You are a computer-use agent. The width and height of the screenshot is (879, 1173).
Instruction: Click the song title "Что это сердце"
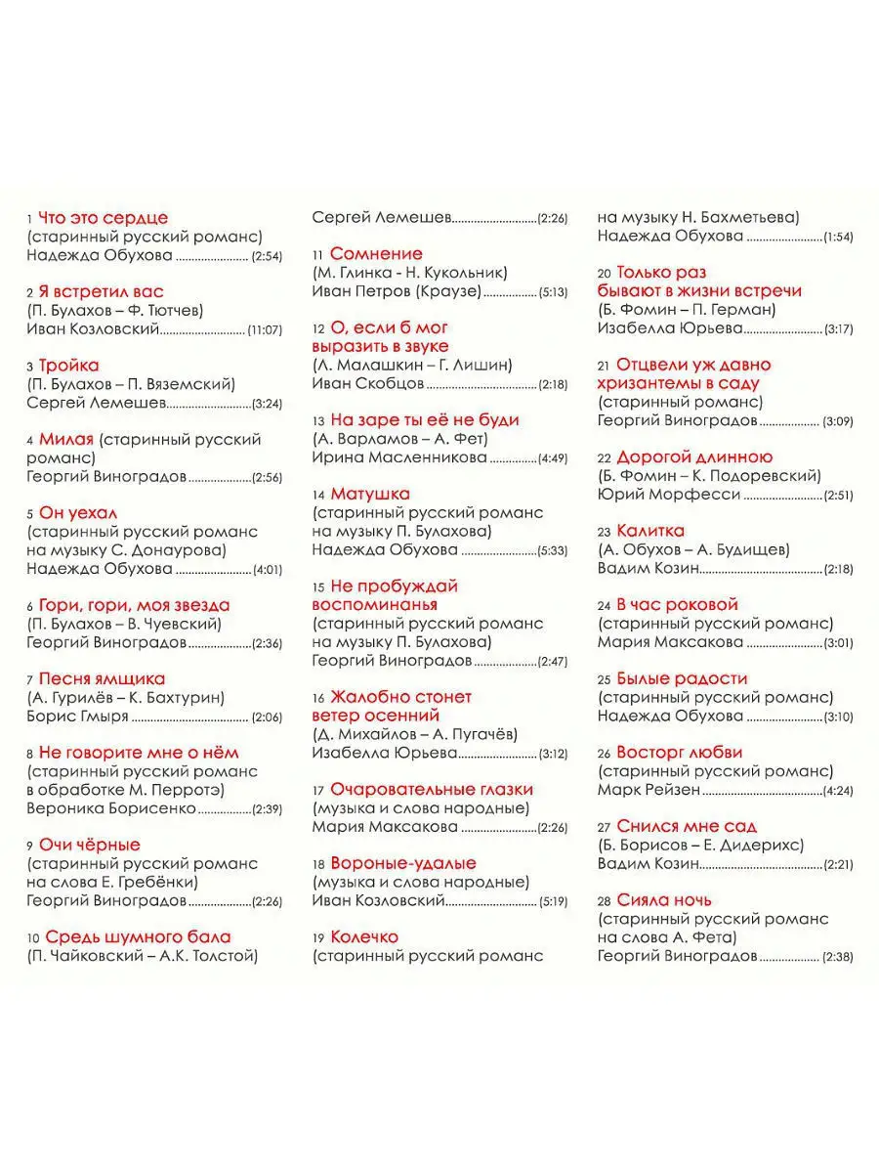(x=103, y=218)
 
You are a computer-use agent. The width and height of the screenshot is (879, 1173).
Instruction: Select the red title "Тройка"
(x=69, y=366)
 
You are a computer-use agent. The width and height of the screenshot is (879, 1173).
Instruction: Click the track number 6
(x=30, y=606)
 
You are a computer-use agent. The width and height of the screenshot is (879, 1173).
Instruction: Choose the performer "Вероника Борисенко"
(x=111, y=808)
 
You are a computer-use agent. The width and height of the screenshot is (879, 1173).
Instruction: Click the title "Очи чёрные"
(x=90, y=845)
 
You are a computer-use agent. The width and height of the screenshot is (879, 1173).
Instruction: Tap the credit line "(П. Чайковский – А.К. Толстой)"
(x=142, y=956)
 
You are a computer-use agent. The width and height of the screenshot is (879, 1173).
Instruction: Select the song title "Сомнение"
(x=376, y=254)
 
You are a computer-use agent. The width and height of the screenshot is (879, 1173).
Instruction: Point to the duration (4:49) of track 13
(x=552, y=457)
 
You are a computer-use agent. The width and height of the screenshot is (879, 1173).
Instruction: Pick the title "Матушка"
(x=370, y=495)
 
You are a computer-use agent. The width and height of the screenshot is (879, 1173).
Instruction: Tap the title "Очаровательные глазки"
(x=431, y=790)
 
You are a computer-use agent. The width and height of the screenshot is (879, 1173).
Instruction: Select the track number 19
(x=317, y=938)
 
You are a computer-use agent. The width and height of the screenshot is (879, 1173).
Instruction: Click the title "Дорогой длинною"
(x=694, y=457)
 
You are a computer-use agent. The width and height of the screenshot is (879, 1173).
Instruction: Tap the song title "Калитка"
(x=651, y=531)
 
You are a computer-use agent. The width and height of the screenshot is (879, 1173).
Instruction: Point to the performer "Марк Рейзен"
(x=649, y=790)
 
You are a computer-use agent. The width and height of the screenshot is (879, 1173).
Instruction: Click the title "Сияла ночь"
(x=664, y=900)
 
